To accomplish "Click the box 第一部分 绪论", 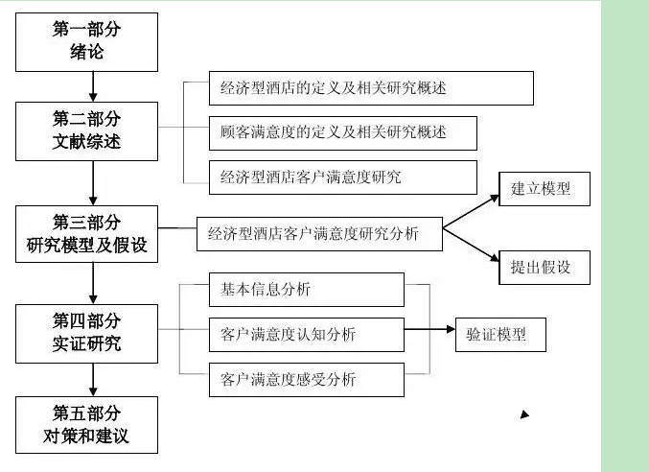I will click(x=86, y=40).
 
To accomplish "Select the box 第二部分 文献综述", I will click(x=86, y=132).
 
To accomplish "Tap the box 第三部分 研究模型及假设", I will click(x=86, y=233).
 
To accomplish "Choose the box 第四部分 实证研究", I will click(x=86, y=332).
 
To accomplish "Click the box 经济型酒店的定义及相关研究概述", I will click(x=342, y=88).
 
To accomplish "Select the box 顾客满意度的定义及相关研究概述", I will click(x=342, y=132).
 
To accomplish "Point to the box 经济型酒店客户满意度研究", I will click(x=342, y=177).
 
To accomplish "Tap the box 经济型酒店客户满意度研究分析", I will click(x=320, y=233).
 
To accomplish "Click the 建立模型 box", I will click(x=544, y=188).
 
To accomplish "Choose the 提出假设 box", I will click(x=544, y=267).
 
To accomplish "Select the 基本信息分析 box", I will click(x=306, y=289).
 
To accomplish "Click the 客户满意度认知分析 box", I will click(x=306, y=334).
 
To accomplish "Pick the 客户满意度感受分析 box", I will click(x=306, y=379).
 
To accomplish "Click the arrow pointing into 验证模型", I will click(x=429, y=334).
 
